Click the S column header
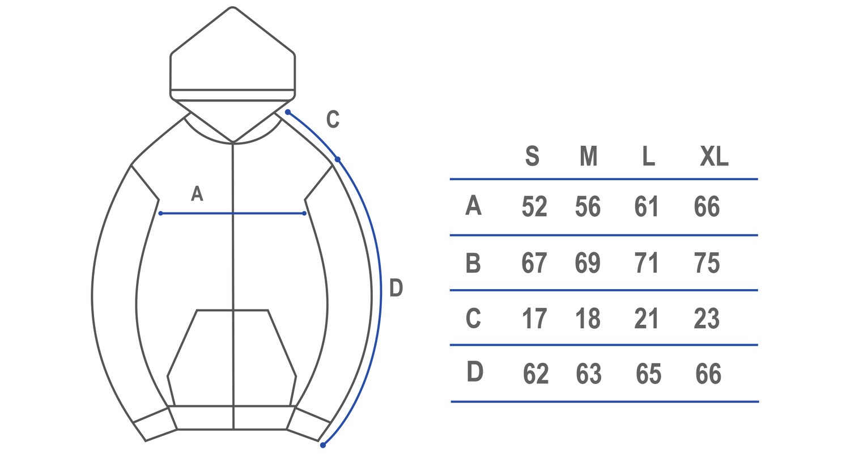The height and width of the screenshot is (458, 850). (532, 155)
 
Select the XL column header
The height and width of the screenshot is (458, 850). (714, 155)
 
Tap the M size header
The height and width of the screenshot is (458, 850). (589, 155)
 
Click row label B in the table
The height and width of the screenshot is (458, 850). (473, 262)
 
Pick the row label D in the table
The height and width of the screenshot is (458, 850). (475, 371)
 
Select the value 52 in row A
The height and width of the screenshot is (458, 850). (534, 206)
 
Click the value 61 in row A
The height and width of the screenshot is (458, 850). (646, 206)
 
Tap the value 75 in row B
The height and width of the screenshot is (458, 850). (707, 262)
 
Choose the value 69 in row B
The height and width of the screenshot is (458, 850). (588, 262)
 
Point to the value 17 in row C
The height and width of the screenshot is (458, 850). (534, 319)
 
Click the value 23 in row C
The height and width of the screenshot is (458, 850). (707, 319)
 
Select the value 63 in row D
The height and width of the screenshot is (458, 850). (589, 374)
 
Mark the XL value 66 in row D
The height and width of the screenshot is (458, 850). (708, 374)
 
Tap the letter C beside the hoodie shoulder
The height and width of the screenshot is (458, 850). (333, 119)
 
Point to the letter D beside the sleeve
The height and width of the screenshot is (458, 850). (396, 287)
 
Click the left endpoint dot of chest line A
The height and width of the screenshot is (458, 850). (161, 213)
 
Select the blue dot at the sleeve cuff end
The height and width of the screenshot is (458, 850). (322, 445)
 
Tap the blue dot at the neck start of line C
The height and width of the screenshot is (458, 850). (288, 112)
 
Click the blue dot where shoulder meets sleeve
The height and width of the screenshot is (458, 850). (337, 159)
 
